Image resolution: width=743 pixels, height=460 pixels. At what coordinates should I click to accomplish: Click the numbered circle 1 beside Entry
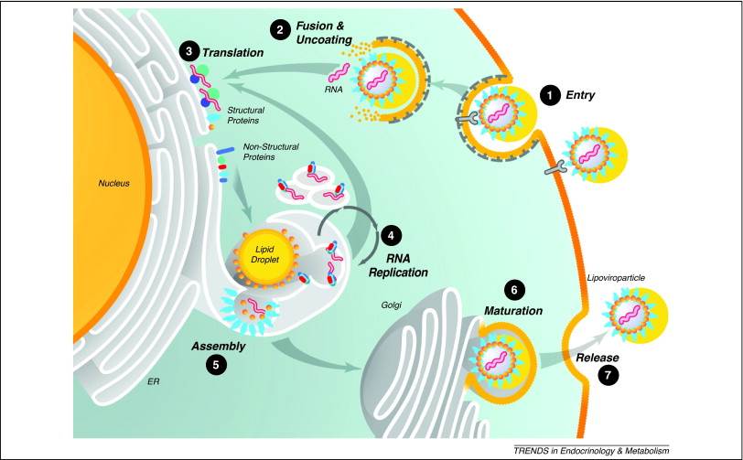point(549,94)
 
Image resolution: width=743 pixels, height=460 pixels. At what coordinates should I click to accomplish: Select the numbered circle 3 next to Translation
point(188,54)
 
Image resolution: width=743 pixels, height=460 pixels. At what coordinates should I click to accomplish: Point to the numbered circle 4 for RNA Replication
point(392,234)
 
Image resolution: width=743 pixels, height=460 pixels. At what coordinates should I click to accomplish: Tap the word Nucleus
point(116,183)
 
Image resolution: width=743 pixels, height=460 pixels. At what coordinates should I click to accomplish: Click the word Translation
point(235,54)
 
